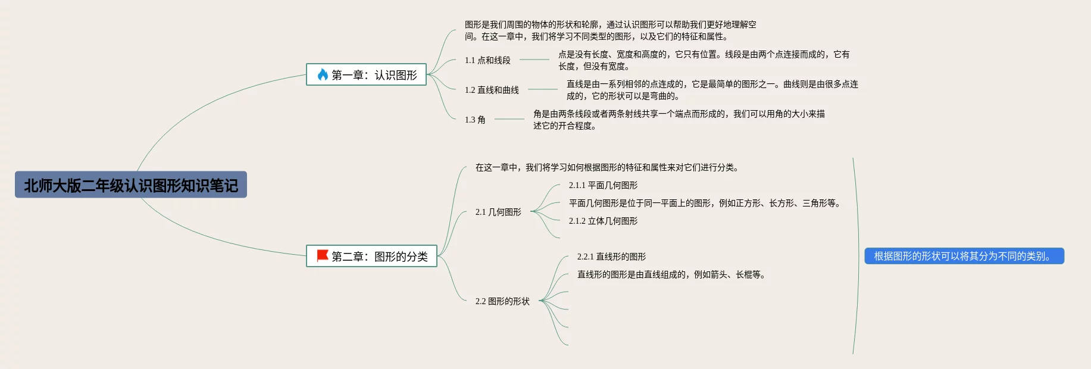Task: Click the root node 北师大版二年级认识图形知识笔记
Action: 131,185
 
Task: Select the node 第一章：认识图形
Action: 366,75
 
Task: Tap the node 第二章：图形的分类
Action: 371,257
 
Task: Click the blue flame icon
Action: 323,74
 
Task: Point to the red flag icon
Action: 323,256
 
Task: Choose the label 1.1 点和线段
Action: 487,60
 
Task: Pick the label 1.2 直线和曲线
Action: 492,90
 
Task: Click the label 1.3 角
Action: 475,120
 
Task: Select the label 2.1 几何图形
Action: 498,212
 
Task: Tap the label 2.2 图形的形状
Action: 502,301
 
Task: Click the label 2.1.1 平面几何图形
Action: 603,185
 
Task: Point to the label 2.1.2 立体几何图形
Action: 603,221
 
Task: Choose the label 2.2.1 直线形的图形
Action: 611,257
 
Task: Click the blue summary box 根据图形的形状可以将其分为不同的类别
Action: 964,256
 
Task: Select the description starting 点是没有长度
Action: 704,60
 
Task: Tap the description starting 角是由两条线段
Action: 679,120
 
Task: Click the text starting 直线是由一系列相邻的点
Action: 712,90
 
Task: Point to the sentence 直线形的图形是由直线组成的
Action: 671,274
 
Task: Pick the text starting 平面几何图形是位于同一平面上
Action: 705,203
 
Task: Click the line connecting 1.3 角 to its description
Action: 509,119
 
